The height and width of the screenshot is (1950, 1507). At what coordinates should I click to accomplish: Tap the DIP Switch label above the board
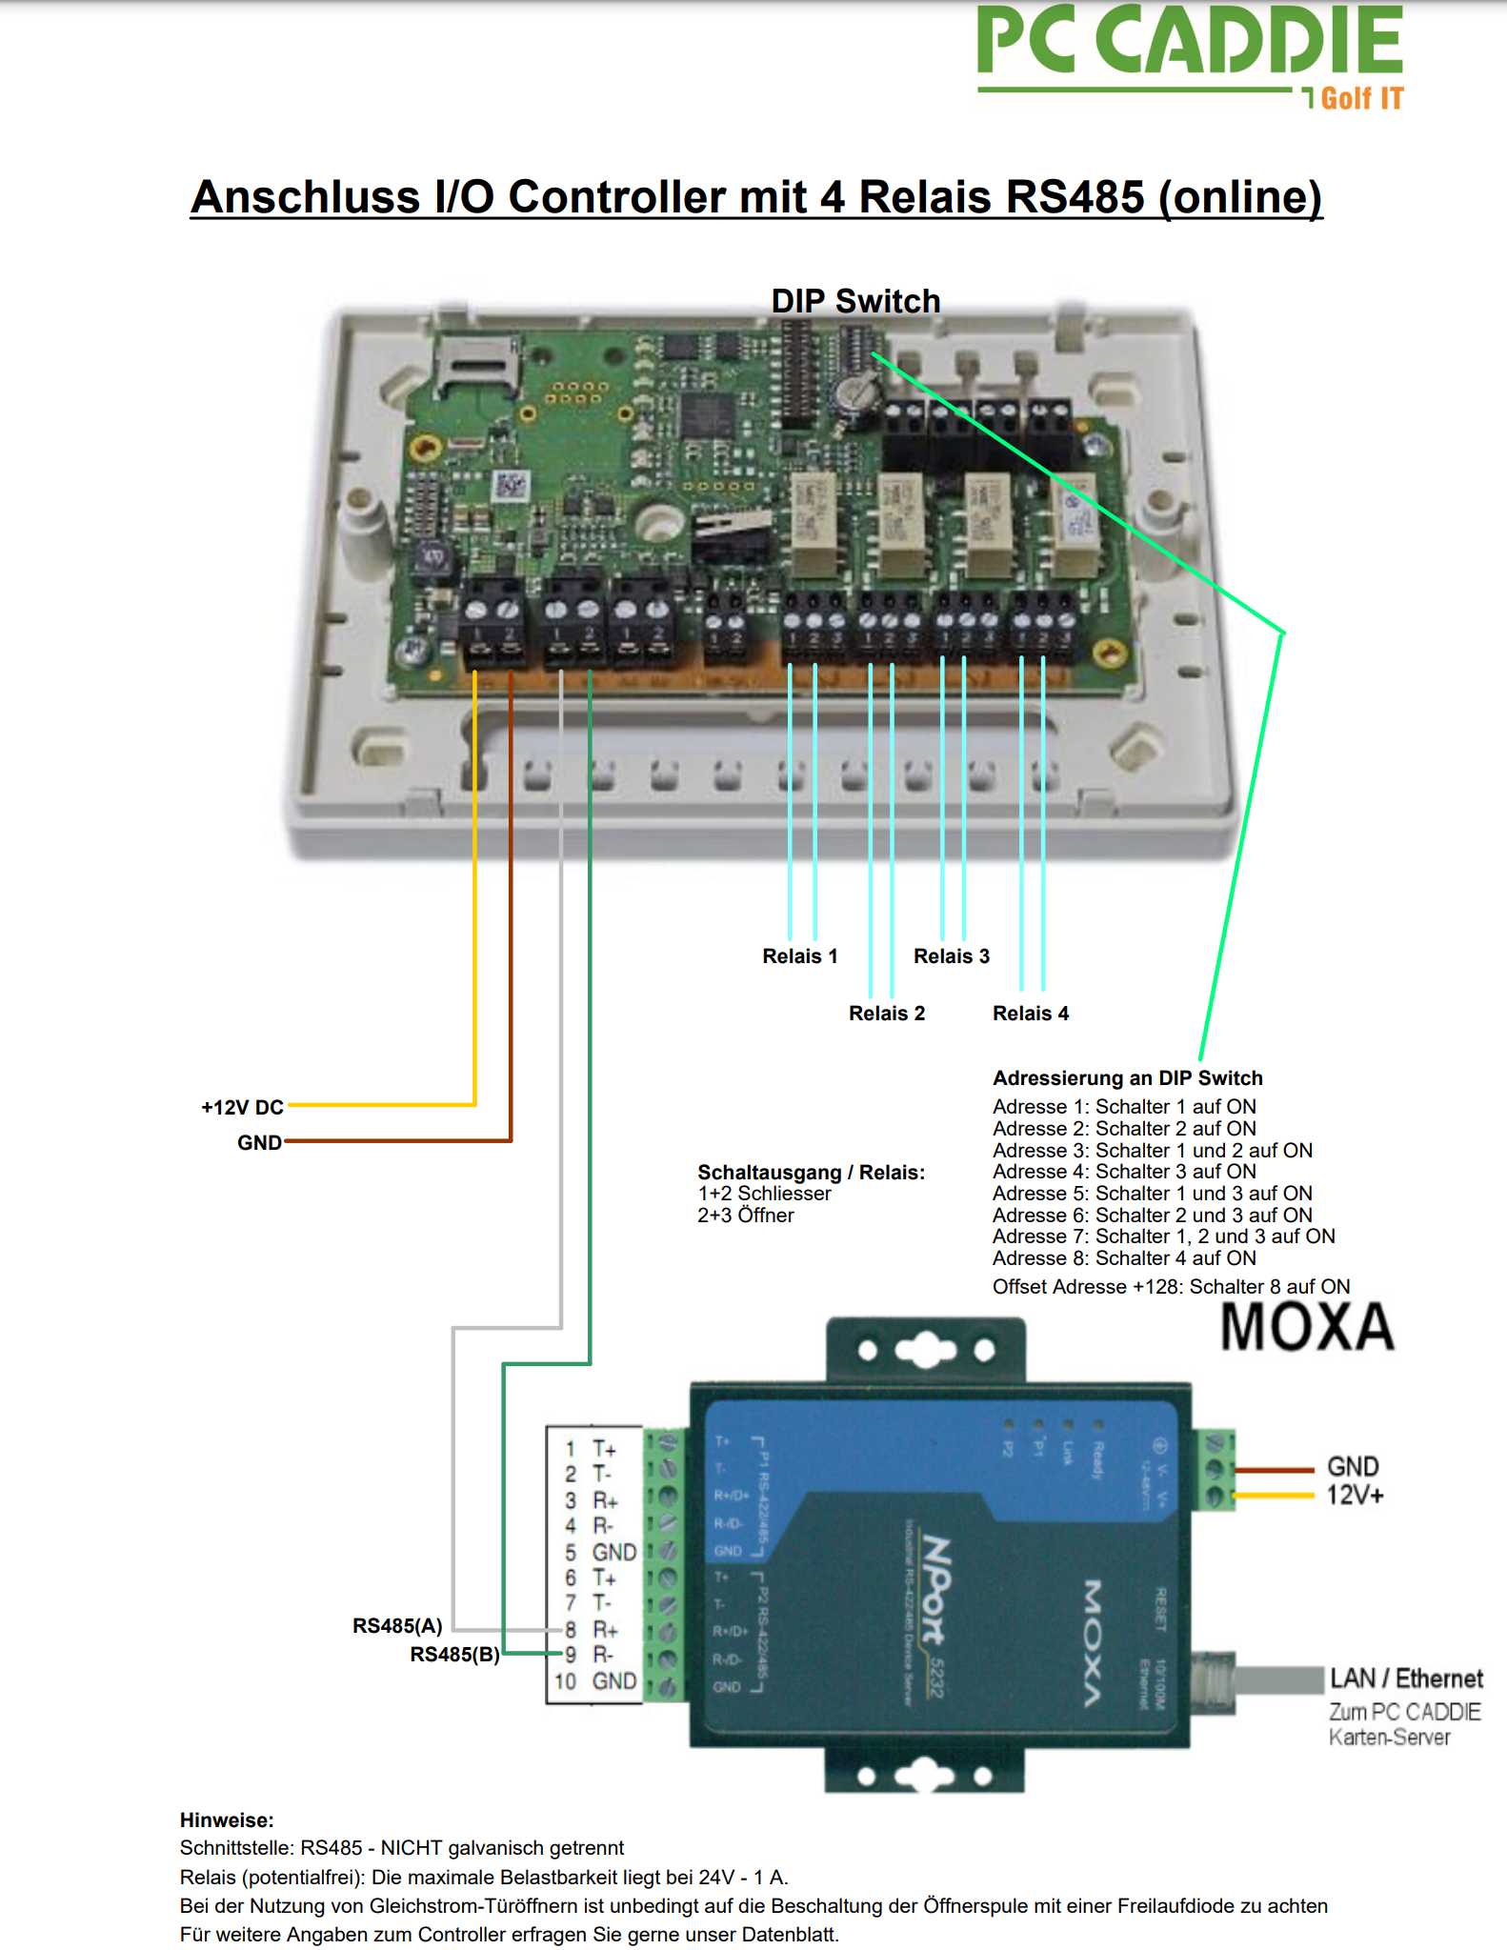tap(854, 301)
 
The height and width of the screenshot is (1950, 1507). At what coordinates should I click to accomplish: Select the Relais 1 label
tap(799, 956)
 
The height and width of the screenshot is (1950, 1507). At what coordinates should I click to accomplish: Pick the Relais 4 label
tap(1030, 1014)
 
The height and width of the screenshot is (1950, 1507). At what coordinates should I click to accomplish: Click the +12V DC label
tap(242, 1107)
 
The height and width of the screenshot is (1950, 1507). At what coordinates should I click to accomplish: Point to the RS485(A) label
tap(397, 1625)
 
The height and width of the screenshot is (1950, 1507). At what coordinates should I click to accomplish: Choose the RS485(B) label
tap(454, 1654)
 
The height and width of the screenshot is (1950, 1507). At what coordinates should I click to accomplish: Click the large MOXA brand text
tap(1306, 1327)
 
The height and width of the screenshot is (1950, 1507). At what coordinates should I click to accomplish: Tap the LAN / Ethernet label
tap(1406, 1679)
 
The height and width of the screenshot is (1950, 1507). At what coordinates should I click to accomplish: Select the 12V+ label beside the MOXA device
tap(1355, 1496)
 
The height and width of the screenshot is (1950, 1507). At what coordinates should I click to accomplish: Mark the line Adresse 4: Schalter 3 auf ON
tap(1124, 1172)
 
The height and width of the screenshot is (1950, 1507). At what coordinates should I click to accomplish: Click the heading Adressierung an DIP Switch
tap(1127, 1078)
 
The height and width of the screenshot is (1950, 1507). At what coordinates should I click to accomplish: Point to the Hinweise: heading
tap(227, 1820)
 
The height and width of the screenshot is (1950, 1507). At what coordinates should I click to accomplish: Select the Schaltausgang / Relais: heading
tap(811, 1173)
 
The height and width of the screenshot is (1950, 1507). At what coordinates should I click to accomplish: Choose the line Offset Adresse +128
tap(1171, 1287)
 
